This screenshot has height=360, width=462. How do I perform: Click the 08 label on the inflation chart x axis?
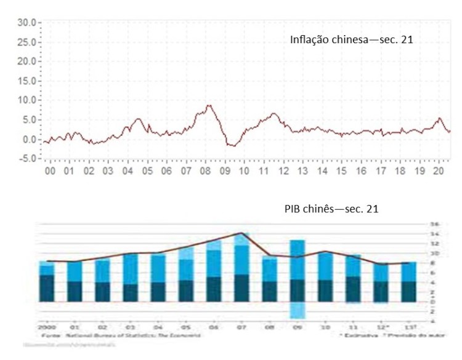[x=205, y=170]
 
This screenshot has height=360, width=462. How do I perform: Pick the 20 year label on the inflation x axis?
[x=438, y=170]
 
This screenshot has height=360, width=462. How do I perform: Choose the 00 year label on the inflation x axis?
[x=49, y=170]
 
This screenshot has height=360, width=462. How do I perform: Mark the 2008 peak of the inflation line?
[x=209, y=106]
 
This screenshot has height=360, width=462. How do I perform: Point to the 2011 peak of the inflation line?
[x=272, y=114]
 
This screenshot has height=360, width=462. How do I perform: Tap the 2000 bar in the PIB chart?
[x=47, y=281]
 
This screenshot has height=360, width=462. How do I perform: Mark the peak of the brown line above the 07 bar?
[x=241, y=233]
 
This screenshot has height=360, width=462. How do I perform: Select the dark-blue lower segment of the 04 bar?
[x=158, y=291]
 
